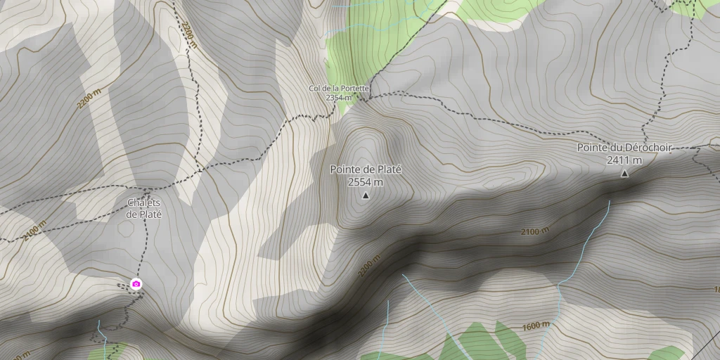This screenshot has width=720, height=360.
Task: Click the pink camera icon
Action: [x=136, y=284]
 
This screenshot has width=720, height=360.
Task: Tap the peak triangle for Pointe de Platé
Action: [x=366, y=195]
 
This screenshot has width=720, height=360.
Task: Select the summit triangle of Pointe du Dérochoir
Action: [x=624, y=173]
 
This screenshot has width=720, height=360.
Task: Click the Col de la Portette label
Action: [x=340, y=88]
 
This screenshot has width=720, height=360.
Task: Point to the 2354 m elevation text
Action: [x=338, y=98]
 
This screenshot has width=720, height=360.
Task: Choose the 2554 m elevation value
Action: [x=366, y=182]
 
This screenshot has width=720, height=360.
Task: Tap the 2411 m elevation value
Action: [x=624, y=160]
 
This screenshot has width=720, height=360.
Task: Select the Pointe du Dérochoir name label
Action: [x=624, y=148]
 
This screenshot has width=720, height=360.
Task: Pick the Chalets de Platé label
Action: [x=144, y=208]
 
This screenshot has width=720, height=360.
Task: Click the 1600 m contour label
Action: [x=536, y=326]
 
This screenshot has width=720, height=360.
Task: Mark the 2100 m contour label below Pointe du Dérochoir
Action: [x=535, y=231]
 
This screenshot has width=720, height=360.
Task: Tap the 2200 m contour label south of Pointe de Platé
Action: [x=368, y=265]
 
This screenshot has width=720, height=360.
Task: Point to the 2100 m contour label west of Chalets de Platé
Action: [x=33, y=231]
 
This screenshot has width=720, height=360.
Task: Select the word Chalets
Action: [x=144, y=203]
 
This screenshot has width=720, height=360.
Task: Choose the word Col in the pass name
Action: [x=315, y=88]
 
